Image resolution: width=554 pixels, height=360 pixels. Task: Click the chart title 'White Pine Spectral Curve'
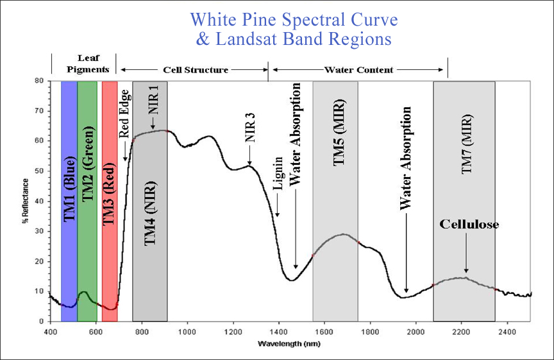click(x=294, y=20)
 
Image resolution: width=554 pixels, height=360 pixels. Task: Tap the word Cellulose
click(x=469, y=225)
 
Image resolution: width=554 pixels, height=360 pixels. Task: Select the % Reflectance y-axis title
click(x=26, y=201)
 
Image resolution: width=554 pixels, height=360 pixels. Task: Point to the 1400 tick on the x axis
click(x=278, y=331)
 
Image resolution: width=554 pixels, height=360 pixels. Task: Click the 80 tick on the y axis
click(x=40, y=81)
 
